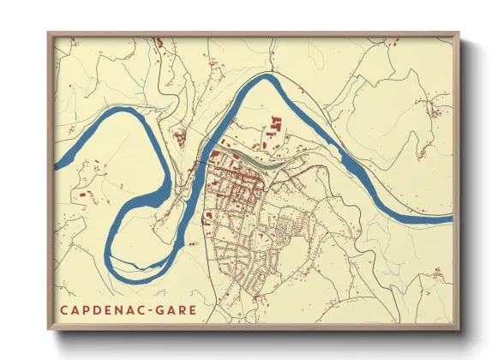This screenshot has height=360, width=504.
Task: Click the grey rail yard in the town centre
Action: [x=253, y=160]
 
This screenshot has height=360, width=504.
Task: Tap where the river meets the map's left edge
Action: [x=56, y=162]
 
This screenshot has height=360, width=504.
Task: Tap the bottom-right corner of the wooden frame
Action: [x=460, y=331]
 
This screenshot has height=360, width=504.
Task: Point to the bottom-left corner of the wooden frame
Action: [x=49, y=331]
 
